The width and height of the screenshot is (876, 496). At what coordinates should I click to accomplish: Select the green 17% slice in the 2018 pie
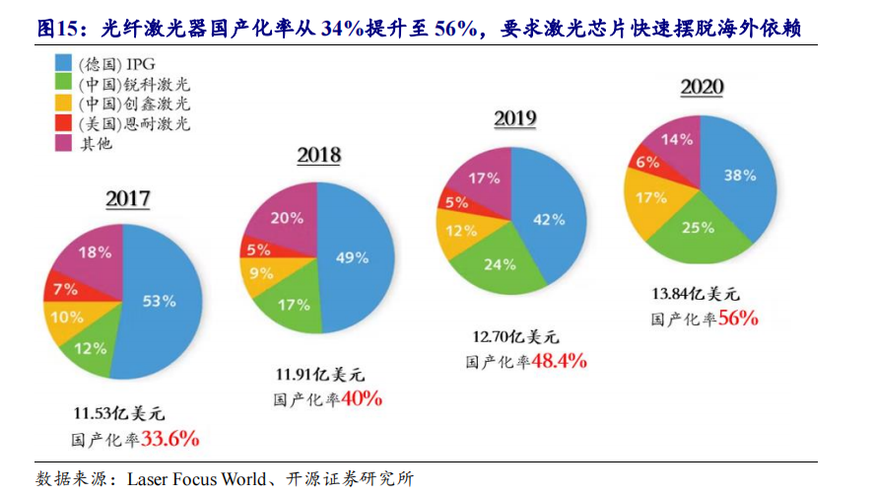294,304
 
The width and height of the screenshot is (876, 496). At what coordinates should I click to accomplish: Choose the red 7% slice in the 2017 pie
67,290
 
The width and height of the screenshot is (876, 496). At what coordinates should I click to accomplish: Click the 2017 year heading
128,199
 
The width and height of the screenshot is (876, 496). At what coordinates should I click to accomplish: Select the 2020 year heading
702,87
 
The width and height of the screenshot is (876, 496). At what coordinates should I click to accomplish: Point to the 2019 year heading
514,119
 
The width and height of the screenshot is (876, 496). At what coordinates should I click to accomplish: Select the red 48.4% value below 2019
559,362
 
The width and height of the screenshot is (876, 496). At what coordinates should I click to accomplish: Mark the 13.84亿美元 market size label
696,294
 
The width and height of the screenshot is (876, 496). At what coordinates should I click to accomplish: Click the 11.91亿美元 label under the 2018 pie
320,375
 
